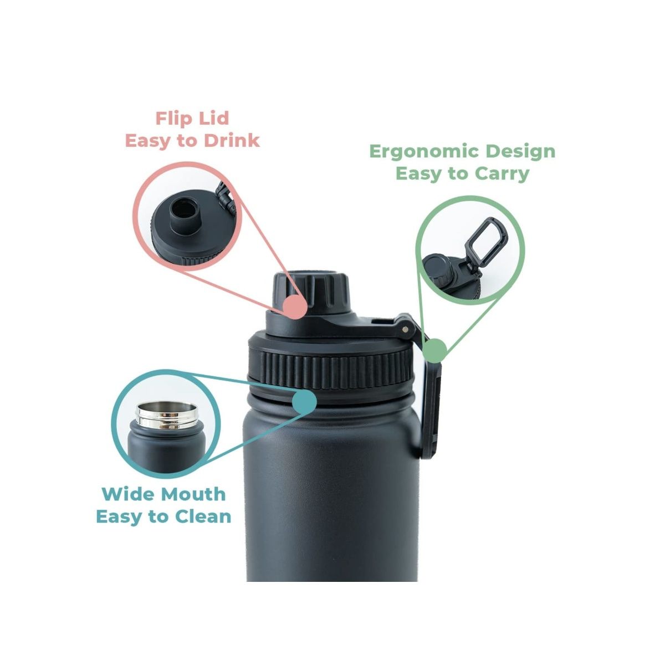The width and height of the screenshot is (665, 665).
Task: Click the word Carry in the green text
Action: (x=502, y=173)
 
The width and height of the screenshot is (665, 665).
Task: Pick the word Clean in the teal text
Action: (x=203, y=516)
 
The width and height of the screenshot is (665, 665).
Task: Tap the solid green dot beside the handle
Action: (x=435, y=350)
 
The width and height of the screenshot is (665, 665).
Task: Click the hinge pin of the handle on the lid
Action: (x=408, y=329)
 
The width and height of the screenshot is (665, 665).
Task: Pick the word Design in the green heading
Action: (x=521, y=151)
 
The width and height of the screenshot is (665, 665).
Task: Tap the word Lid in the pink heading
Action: (x=215, y=118)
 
